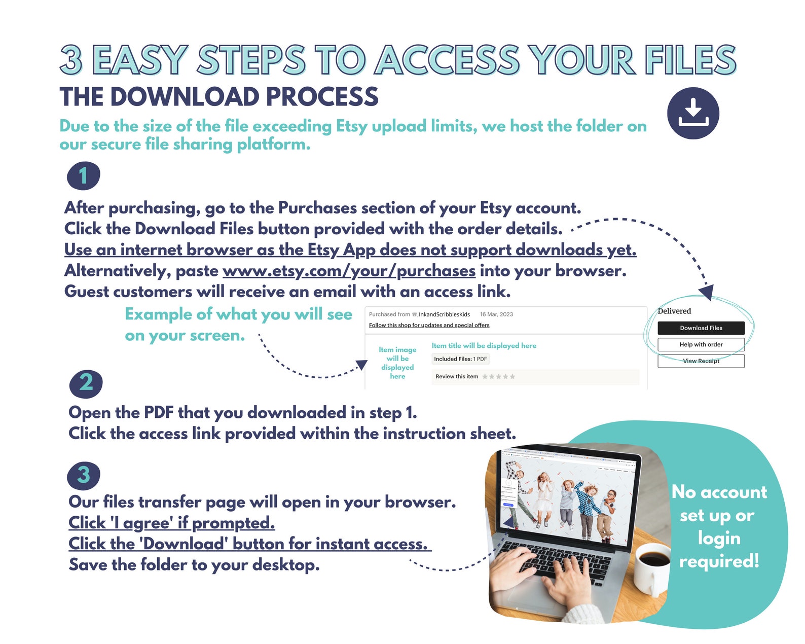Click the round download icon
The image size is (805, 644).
coord(693,113)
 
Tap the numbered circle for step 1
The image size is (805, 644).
coord(84,175)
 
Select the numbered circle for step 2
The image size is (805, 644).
coord(86,384)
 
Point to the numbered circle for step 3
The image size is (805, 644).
coord(84,476)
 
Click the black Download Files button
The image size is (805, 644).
coord(701,328)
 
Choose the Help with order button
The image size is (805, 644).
coord(701,344)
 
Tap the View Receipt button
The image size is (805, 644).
coord(701,361)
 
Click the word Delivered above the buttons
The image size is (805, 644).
coord(674,310)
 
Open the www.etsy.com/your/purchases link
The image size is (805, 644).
coord(349,271)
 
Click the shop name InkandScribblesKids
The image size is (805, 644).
coord(444,314)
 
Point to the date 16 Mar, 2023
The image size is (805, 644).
coord(496,314)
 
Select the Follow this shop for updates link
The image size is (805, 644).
coord(429,325)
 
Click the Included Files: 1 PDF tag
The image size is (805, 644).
coord(460,359)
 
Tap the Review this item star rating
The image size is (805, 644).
coord(499,376)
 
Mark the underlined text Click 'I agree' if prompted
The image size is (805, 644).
coord(172,523)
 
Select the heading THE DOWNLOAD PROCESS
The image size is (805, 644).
coord(219,96)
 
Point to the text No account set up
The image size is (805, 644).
coord(719,504)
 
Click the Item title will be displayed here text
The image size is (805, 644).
coord(484,345)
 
